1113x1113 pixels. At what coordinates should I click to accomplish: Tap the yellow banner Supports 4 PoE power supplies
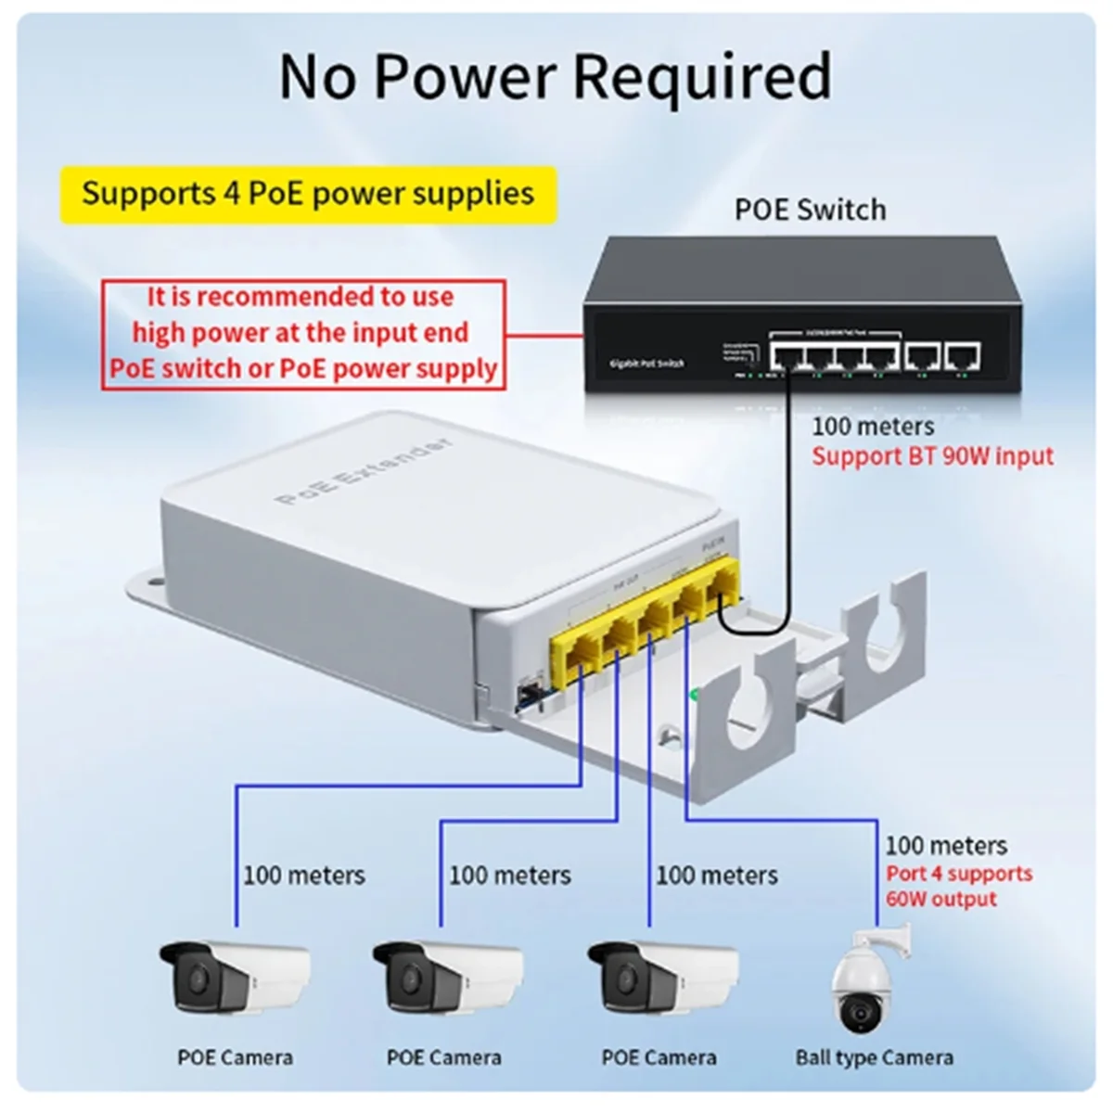tap(308, 194)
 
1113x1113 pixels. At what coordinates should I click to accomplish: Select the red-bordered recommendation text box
tap(303, 333)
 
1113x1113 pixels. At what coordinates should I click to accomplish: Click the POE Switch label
tap(810, 210)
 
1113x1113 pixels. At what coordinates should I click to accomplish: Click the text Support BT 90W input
tap(932, 456)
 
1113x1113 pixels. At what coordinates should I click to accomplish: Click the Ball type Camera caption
tap(874, 1057)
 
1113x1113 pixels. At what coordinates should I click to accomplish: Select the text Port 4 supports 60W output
tap(957, 886)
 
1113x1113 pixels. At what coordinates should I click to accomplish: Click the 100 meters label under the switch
tap(873, 427)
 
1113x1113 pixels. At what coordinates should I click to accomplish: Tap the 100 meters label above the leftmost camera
tap(303, 875)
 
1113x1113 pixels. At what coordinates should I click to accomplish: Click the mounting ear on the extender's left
tap(148, 586)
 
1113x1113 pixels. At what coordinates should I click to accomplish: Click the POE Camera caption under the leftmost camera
tap(235, 1057)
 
